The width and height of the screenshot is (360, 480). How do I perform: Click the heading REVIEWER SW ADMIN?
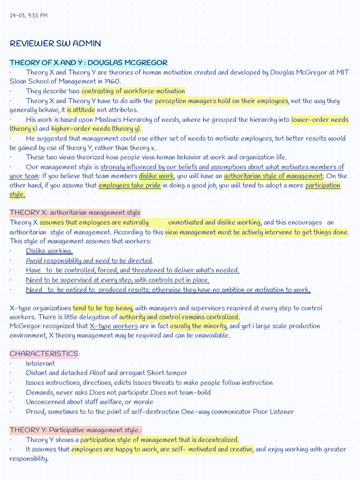click(55, 44)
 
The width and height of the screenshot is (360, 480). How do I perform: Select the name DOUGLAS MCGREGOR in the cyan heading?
click(127, 63)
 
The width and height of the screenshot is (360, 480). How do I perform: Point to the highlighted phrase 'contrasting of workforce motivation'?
click(133, 91)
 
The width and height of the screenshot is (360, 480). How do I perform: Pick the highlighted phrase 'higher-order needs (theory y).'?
click(97, 129)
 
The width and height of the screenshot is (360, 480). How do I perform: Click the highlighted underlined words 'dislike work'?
click(156, 176)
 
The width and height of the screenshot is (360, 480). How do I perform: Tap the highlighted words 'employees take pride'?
click(129, 186)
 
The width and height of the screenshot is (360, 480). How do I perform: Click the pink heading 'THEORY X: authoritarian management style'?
click(75, 213)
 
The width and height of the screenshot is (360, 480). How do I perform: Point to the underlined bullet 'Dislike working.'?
click(49, 251)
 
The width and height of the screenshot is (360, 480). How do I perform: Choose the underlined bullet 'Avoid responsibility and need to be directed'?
click(89, 261)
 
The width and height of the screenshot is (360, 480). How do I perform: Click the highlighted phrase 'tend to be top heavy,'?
click(103, 308)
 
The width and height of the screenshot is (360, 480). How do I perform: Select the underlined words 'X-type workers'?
click(113, 326)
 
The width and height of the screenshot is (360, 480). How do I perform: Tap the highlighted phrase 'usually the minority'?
click(198, 326)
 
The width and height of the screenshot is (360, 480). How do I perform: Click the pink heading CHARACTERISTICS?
click(44, 354)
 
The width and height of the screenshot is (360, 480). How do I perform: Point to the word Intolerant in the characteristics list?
click(40, 364)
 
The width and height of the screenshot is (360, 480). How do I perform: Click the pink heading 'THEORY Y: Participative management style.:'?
click(75, 430)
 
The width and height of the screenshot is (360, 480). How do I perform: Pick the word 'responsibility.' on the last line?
click(29, 459)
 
